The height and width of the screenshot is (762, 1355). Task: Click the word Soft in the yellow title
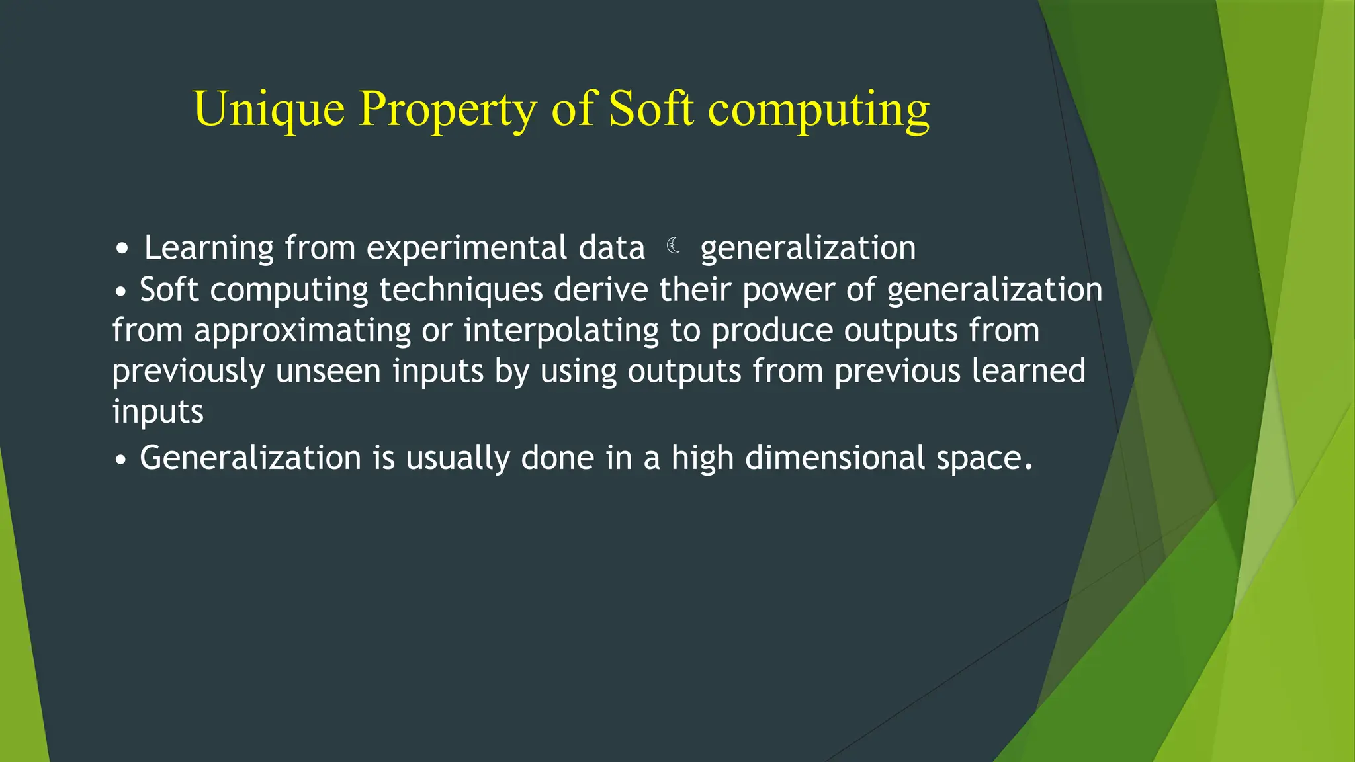tap(650, 108)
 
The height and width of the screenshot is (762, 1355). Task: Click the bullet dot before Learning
tap(122, 250)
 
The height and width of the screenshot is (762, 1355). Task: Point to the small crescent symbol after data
tap(673, 246)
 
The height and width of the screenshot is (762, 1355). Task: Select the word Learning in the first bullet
tap(208, 249)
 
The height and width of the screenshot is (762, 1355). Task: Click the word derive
tap(601, 290)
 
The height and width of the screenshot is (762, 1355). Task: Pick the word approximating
tap(302, 331)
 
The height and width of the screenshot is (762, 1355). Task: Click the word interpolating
tap(561, 331)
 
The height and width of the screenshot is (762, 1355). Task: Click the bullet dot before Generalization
tap(120, 459)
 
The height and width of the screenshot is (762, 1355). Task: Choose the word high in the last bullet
tap(702, 458)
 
